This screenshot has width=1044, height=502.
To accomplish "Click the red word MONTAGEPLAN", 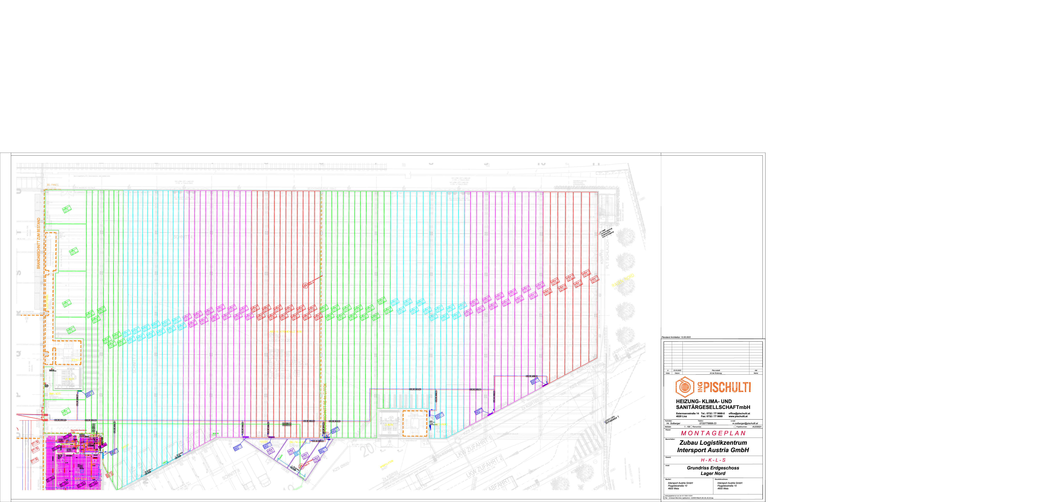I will pyautogui.click(x=713, y=433).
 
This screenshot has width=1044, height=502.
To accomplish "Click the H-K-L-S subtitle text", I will pyautogui.click(x=713, y=460).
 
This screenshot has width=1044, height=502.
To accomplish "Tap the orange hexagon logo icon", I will pyautogui.click(x=684, y=387).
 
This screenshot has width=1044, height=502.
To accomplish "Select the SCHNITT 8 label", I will pyautogui.click(x=231, y=474).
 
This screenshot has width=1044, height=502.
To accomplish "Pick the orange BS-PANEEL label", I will pyautogui.click(x=53, y=185).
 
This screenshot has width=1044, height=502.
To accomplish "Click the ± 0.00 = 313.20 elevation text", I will pyautogui.click(x=280, y=340).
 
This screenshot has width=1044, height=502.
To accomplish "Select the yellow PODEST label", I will pyautogui.click(x=263, y=442).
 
